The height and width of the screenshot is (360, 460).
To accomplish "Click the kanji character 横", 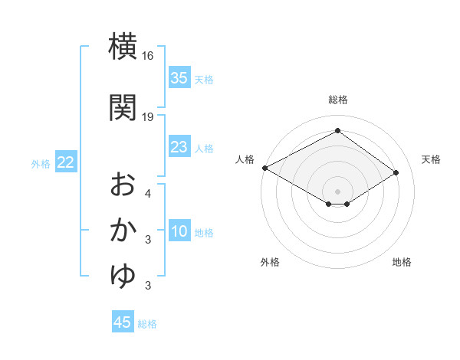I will [x=123, y=47].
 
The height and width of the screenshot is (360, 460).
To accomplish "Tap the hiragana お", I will [x=123, y=185].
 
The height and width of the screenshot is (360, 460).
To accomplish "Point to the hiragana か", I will [x=123, y=230].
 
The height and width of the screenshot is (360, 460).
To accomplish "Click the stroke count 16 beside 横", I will [x=148, y=57].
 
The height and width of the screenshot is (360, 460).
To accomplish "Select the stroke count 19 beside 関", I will [x=148, y=116].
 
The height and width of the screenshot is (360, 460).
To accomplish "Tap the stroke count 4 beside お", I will [x=148, y=193].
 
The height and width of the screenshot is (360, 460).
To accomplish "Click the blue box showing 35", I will [x=179, y=78].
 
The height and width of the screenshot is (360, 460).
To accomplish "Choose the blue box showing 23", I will [x=179, y=147].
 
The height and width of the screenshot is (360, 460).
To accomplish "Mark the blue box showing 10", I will [x=179, y=232].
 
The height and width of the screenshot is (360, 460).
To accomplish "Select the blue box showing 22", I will [x=66, y=162].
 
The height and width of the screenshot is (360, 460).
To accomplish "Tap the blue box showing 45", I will [x=123, y=322].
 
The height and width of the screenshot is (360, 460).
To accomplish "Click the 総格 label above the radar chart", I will [x=337, y=100].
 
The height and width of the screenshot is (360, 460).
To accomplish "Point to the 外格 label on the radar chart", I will [x=270, y=263].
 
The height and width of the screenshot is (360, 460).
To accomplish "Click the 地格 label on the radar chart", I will [x=402, y=263].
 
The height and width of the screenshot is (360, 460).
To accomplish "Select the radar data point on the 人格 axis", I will [x=264, y=168].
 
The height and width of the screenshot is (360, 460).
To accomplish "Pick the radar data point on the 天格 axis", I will [x=396, y=173].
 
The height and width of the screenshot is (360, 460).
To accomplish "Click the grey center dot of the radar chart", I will [x=337, y=191].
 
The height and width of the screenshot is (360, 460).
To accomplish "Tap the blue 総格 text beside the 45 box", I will [x=147, y=324].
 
